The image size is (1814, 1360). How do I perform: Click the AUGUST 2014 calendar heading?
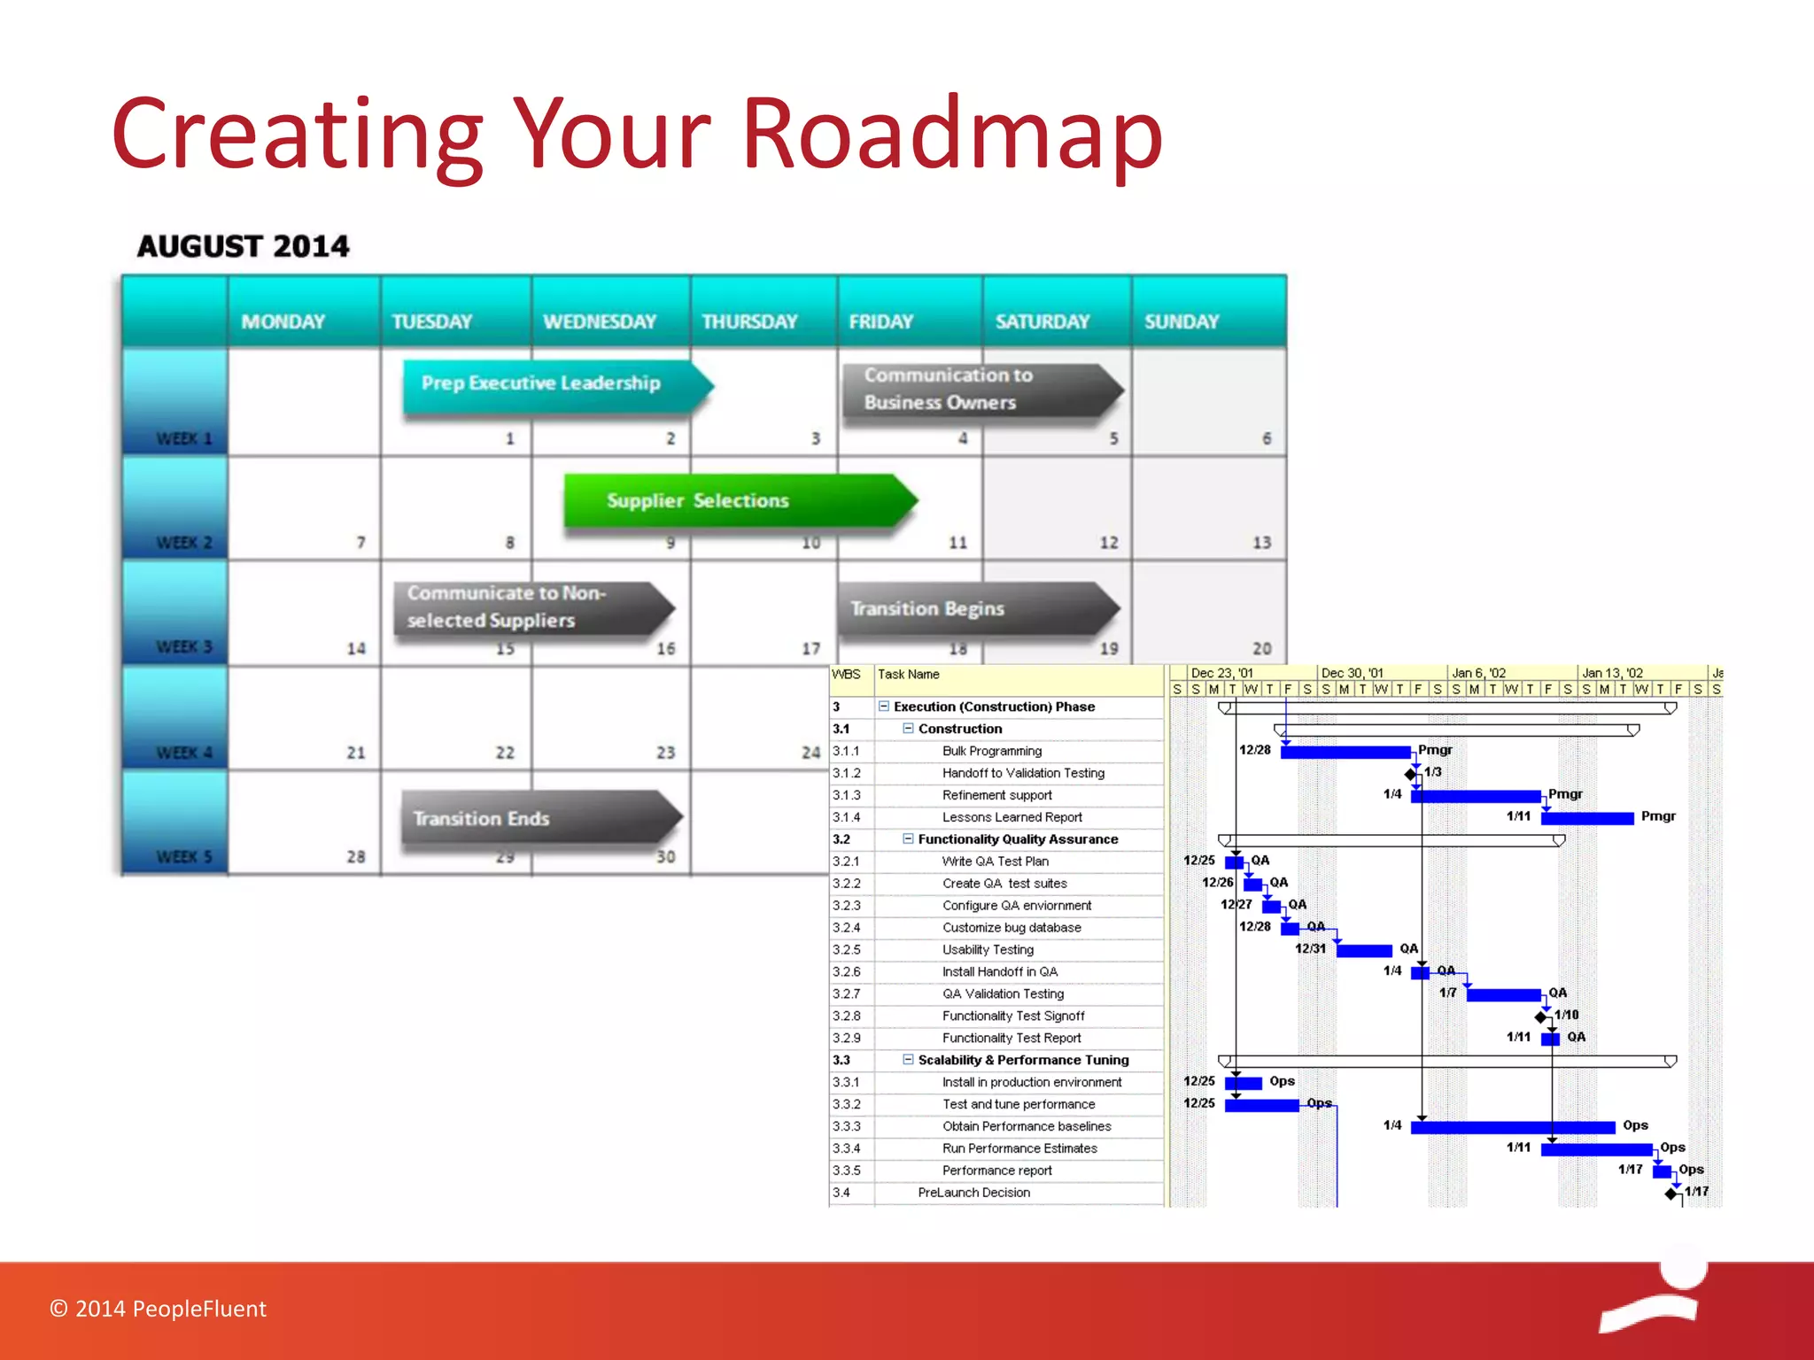[x=244, y=246]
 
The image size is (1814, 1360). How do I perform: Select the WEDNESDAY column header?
[x=600, y=321]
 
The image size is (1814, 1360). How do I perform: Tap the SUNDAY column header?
[x=1182, y=321]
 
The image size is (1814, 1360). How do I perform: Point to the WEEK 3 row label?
[x=183, y=647]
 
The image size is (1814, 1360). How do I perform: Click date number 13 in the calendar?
[x=1261, y=543]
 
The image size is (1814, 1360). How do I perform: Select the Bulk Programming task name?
[x=991, y=751]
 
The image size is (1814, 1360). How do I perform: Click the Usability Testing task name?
[x=988, y=950]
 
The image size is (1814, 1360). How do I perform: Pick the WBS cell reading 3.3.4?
[x=847, y=1148]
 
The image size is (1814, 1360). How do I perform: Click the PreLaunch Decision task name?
[x=973, y=1193]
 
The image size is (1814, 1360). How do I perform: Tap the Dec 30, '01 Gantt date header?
[x=1352, y=673]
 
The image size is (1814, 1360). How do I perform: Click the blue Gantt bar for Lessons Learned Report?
[x=1586, y=818]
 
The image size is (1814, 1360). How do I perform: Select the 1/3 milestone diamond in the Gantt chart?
[x=1410, y=774]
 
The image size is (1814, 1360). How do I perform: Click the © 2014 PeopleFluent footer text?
[x=158, y=1309]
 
